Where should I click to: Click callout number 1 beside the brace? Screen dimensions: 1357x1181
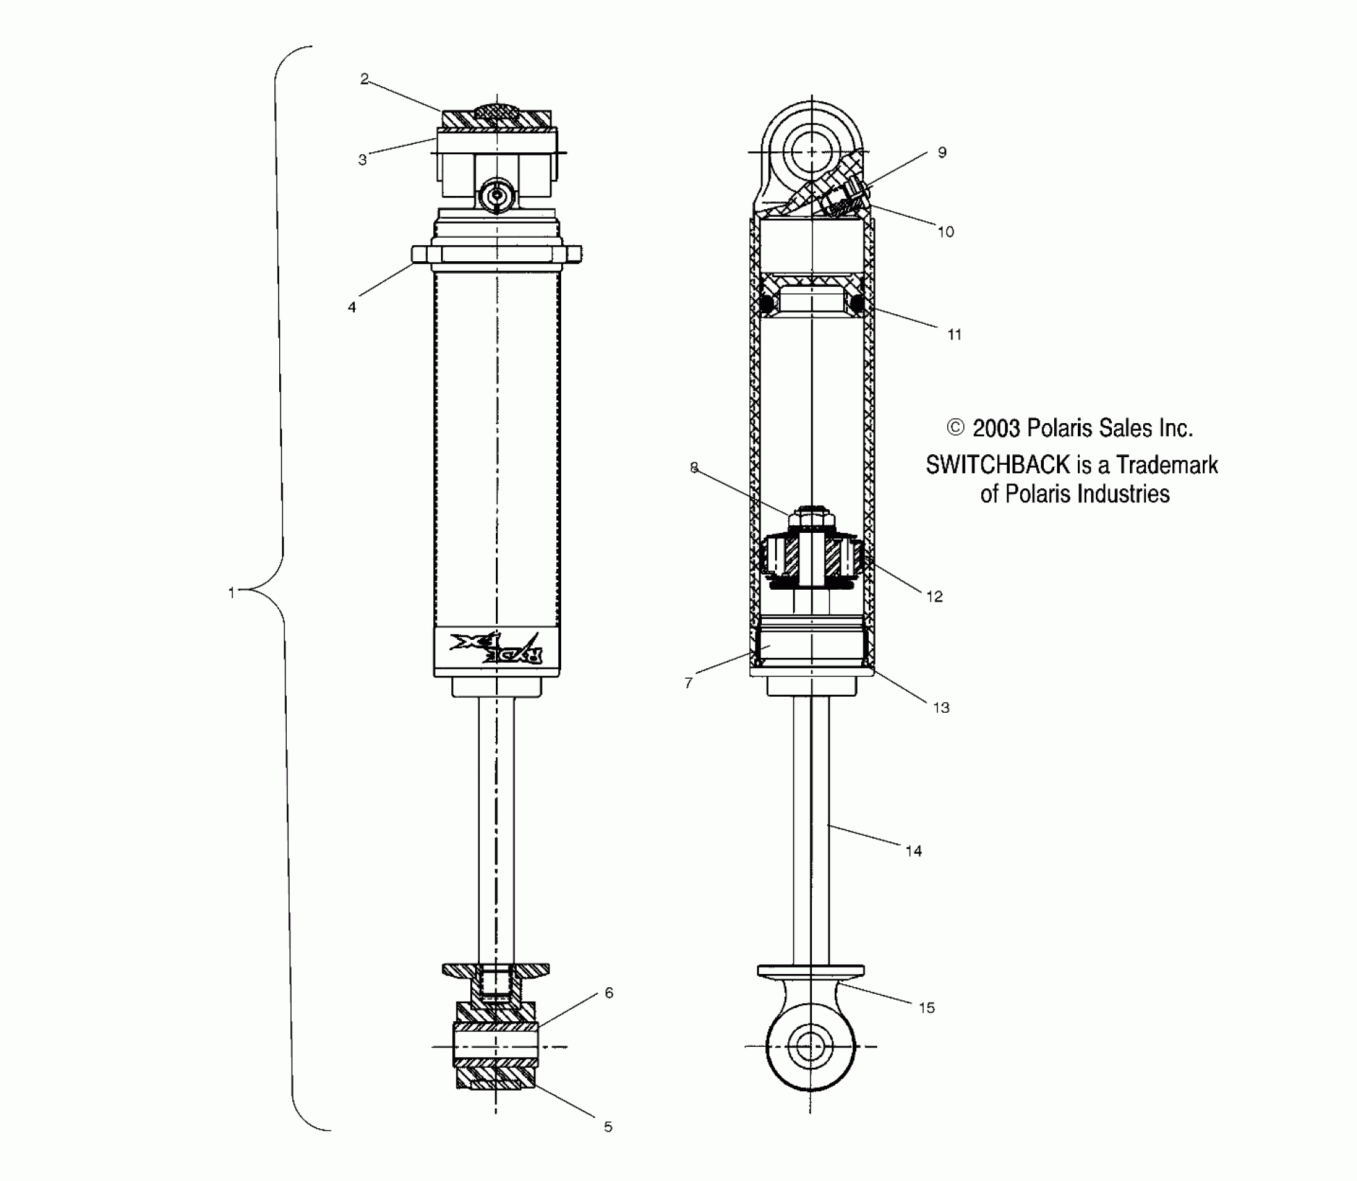point(232,593)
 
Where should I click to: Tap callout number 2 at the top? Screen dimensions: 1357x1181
point(365,79)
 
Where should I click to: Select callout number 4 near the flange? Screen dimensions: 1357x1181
point(352,307)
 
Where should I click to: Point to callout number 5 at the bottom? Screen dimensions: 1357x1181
point(608,1127)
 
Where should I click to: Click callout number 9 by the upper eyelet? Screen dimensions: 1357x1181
point(942,153)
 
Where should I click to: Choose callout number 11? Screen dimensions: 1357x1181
point(954,335)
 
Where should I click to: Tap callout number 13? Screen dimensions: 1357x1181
point(941,708)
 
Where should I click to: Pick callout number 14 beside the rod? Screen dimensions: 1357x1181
point(913,851)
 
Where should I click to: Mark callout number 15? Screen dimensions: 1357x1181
point(926,1008)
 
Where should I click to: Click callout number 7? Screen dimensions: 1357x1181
point(688,684)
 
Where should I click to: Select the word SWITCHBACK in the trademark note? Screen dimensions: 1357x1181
point(997,465)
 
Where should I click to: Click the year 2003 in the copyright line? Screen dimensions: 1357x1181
point(996,428)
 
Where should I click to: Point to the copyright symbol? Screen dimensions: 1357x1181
point(956,427)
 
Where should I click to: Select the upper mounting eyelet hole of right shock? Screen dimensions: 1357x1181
point(810,152)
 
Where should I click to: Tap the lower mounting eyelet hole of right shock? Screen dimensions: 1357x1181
point(810,1046)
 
